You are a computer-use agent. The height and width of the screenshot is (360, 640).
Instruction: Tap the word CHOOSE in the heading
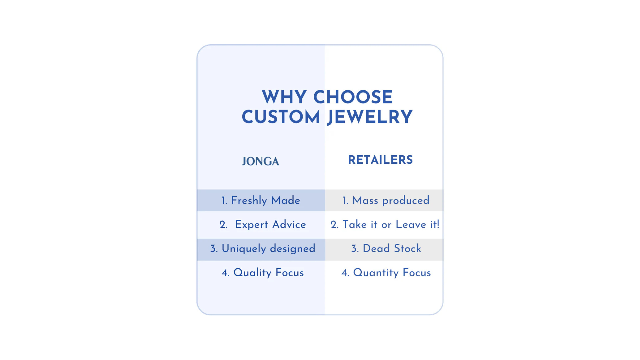point(353,97)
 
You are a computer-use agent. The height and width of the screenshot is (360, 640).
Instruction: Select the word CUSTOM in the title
point(281,117)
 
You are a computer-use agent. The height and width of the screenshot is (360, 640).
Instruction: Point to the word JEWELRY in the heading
point(370,118)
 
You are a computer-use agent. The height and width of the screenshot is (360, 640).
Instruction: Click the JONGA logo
point(261,161)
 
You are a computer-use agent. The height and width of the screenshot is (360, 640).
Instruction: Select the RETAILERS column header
point(380,160)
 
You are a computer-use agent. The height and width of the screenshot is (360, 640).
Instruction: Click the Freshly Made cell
point(261,201)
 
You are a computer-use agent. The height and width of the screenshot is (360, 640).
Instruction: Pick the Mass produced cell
point(384,201)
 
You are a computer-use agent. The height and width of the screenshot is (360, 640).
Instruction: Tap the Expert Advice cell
point(261,225)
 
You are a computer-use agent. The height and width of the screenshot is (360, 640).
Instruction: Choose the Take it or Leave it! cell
point(384,225)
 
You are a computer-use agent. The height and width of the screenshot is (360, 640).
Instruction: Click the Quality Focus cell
point(261,273)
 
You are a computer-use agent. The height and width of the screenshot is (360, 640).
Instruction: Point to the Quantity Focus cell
point(384,273)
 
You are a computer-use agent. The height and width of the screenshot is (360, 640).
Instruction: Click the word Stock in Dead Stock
point(407,249)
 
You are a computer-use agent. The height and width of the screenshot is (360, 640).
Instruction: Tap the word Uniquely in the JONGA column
point(244,249)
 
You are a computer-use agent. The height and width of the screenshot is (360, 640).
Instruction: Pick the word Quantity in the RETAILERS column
point(376,273)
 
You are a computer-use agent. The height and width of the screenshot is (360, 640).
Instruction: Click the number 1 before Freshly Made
point(224,201)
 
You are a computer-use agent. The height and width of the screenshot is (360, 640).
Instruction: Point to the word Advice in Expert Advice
point(289,225)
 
